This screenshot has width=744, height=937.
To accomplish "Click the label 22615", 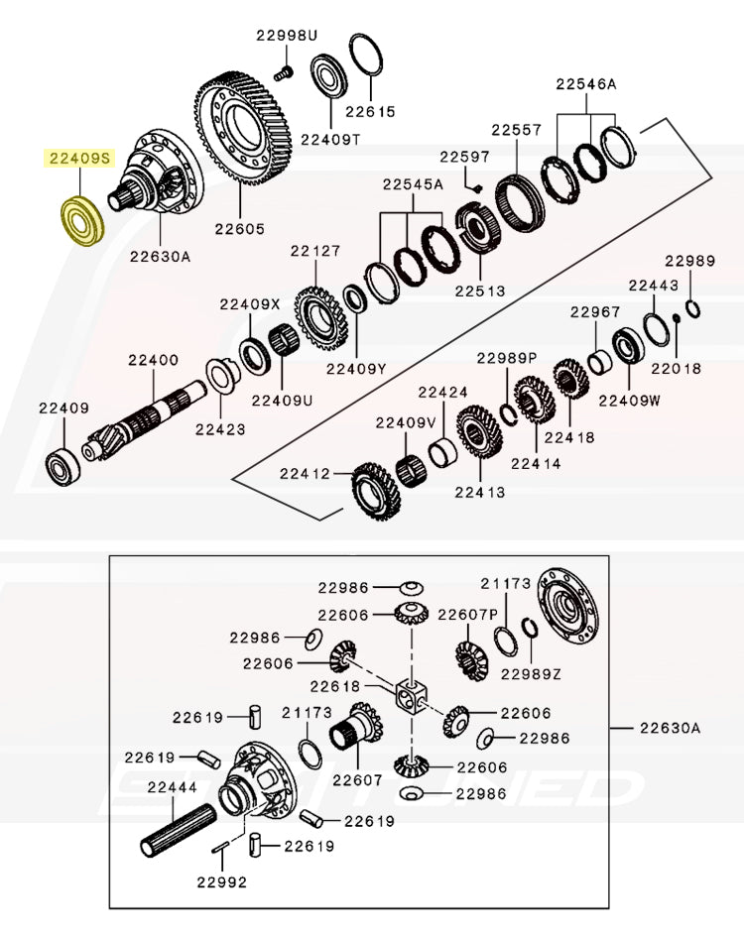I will (371, 112).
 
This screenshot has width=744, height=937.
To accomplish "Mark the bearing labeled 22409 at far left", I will (63, 467).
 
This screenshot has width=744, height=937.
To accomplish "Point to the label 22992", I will (220, 881).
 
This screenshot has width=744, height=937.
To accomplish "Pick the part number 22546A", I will (585, 84).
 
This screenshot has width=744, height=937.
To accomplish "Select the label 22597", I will (465, 157).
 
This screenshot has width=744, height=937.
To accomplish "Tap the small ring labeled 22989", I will (691, 308).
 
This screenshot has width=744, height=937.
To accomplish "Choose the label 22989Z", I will (531, 674).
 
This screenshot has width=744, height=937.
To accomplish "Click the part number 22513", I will (480, 292).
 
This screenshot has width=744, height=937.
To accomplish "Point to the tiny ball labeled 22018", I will (675, 318).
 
